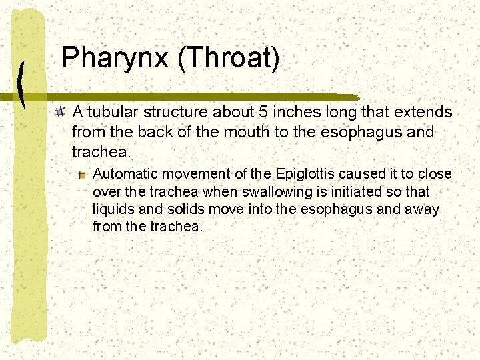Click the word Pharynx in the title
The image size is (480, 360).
[115, 59]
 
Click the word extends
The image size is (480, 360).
[426, 112]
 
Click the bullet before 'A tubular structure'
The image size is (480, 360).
[61, 111]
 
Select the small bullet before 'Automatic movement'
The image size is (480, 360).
[82, 175]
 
